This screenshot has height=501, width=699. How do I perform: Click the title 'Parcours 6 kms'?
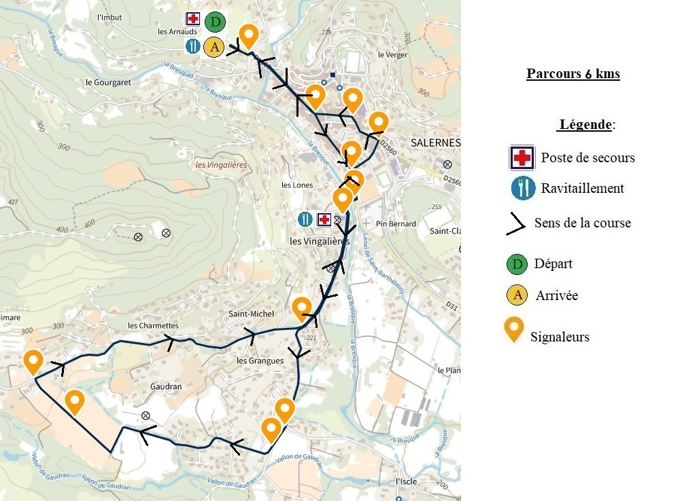(x=573, y=74)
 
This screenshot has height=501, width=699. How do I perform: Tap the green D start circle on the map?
(x=215, y=22)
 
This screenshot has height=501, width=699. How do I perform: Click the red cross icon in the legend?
(x=522, y=157)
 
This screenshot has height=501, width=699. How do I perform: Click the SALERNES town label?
(x=436, y=143)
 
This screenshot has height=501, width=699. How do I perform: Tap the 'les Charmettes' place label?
(x=153, y=326)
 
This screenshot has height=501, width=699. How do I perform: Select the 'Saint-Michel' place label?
(x=251, y=314)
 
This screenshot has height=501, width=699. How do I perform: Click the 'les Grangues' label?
(x=260, y=361)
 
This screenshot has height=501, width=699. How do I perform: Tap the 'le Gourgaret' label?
(x=108, y=82)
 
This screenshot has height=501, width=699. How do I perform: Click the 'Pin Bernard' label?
(x=396, y=223)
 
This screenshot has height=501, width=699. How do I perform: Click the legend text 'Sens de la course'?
(x=583, y=223)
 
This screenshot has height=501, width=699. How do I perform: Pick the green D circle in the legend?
(x=517, y=263)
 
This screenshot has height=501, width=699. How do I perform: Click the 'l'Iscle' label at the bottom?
(x=406, y=481)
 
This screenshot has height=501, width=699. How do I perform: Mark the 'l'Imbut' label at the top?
(x=109, y=17)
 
